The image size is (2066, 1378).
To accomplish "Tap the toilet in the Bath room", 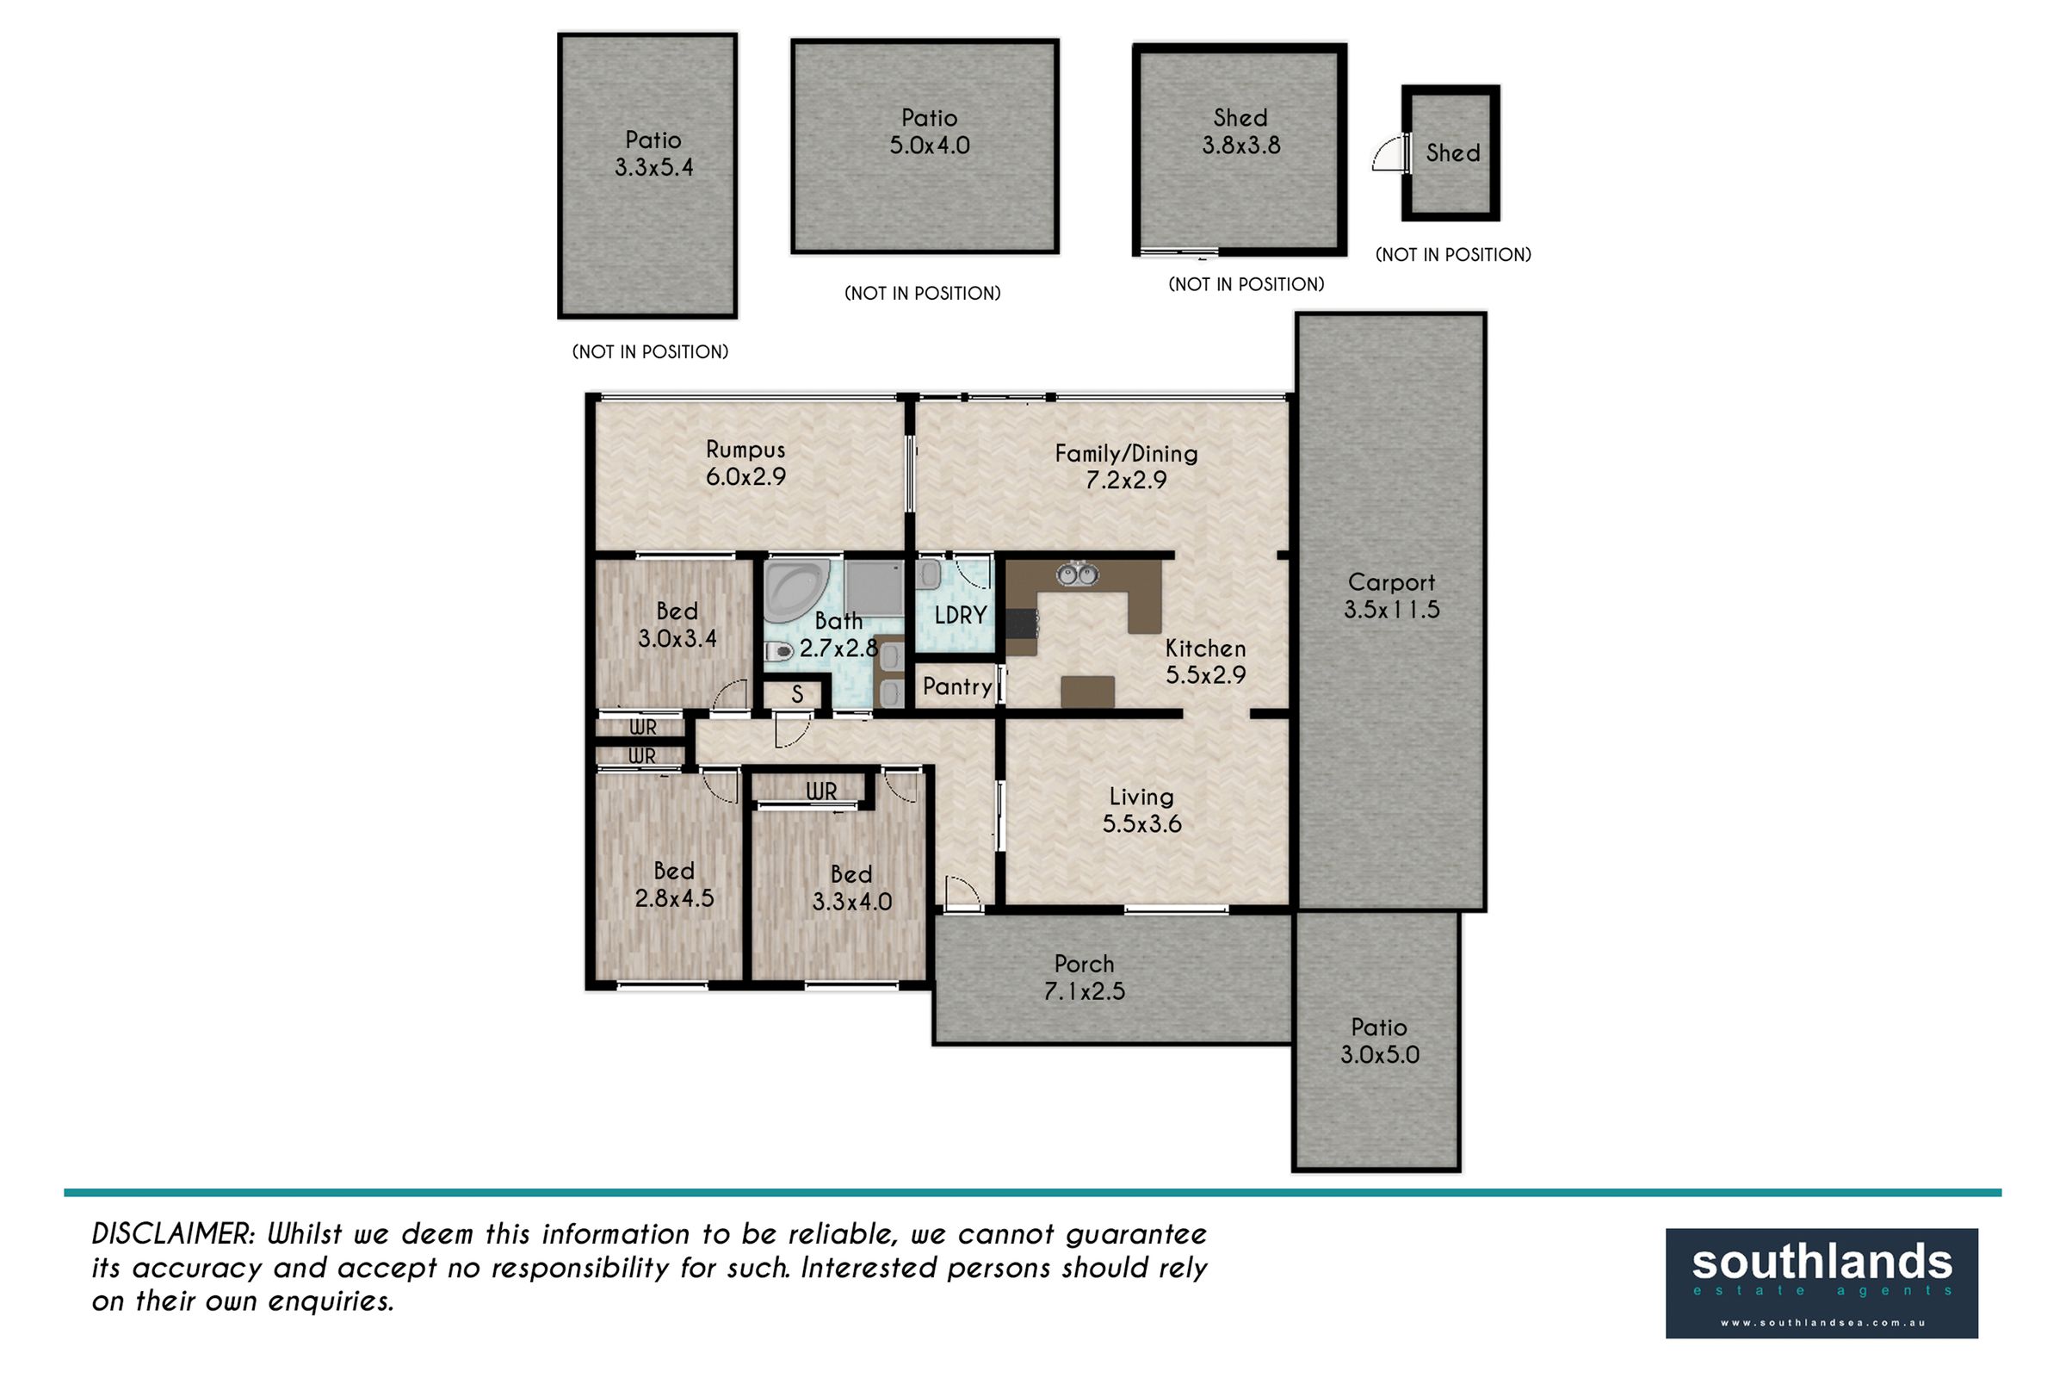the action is point(778,651).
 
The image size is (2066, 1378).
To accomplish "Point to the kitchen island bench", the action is point(1087,692).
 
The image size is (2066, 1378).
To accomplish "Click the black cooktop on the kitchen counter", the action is point(1022,625).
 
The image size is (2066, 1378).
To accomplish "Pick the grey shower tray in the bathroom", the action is point(875,590).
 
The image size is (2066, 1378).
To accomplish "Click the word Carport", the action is point(1391,582).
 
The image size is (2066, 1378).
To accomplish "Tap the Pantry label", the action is point(956,686).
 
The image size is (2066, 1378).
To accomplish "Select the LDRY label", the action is point(960,615).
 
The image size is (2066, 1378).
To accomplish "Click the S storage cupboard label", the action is point(798,694).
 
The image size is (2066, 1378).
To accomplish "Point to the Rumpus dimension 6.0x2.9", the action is point(745,477).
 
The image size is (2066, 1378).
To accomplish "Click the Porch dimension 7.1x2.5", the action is point(1084,991).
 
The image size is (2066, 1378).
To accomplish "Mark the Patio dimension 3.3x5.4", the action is point(653,167).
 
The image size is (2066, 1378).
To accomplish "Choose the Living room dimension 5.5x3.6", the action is point(1142,824).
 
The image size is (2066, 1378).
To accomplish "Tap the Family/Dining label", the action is point(1126,454).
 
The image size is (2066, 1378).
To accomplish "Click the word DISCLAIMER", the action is point(173,1234).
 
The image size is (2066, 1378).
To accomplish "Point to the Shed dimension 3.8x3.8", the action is point(1241,145).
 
